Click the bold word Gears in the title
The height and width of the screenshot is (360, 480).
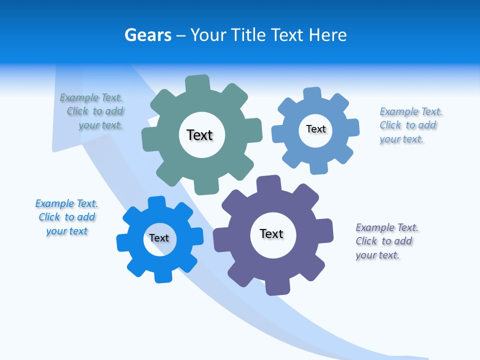(x=147, y=35)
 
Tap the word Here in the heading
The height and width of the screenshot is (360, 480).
(x=327, y=35)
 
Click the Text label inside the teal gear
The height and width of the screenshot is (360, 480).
(x=199, y=135)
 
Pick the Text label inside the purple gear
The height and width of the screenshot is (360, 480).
(x=271, y=233)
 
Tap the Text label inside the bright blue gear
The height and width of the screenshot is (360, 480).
(x=159, y=238)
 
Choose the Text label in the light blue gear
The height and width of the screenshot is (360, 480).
(x=316, y=129)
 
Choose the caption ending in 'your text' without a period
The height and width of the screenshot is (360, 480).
(x=66, y=217)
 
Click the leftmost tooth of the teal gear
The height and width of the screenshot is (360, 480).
(x=149, y=139)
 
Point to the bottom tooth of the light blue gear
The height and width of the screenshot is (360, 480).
(x=319, y=167)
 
